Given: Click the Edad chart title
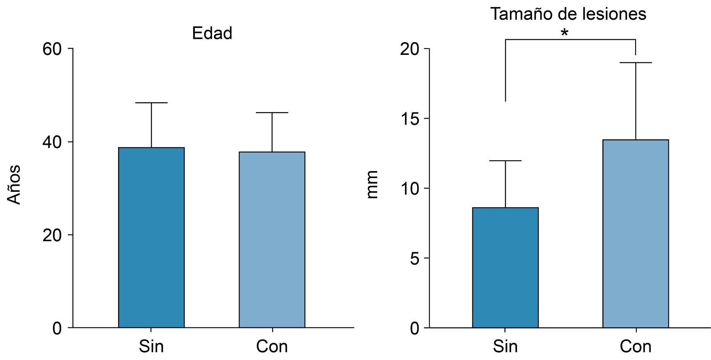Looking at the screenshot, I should [x=212, y=33].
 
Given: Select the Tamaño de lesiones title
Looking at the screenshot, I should [x=568, y=14].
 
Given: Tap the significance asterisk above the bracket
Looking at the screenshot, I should [x=564, y=33].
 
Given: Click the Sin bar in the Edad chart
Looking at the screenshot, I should [x=151, y=237].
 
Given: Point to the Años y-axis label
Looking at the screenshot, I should [x=15, y=185].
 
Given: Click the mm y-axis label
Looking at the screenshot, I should [x=372, y=185].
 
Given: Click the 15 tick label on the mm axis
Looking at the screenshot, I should [x=410, y=119].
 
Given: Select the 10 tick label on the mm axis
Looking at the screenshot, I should [x=410, y=189].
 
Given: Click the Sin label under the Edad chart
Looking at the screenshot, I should [x=151, y=346].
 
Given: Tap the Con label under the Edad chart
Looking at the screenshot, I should [x=272, y=346].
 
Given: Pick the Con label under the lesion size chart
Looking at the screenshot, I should [x=635, y=346].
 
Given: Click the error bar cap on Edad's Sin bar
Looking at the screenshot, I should [x=151, y=103].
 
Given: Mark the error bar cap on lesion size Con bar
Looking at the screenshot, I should [x=635, y=63].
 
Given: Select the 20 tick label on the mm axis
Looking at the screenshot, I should [x=410, y=49].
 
